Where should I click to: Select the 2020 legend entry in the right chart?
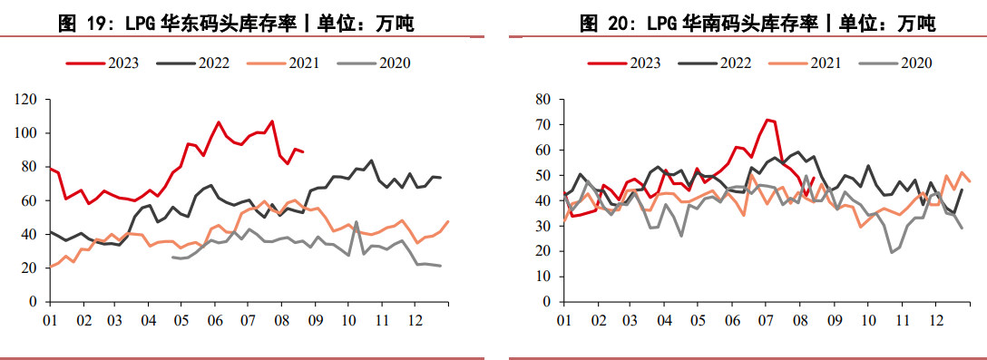pyautogui.click(x=916, y=63)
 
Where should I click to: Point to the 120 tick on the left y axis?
pyautogui.click(x=27, y=99)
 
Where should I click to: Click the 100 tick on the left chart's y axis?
pyautogui.click(x=27, y=133)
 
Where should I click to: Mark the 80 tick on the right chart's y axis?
pyautogui.click(x=543, y=99)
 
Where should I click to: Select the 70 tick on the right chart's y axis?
pyautogui.click(x=543, y=124)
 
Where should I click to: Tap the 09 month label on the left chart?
pyautogui.click(x=315, y=320)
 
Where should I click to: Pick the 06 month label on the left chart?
pyautogui.click(x=215, y=320)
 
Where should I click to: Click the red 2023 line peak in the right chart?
pyautogui.click(x=767, y=120)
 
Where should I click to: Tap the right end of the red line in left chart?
pyautogui.click(x=303, y=151)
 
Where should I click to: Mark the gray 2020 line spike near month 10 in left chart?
pyautogui.click(x=356, y=221)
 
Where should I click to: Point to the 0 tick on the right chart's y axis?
pyautogui.click(x=547, y=301)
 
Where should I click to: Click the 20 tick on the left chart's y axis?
pyautogui.click(x=30, y=268)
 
